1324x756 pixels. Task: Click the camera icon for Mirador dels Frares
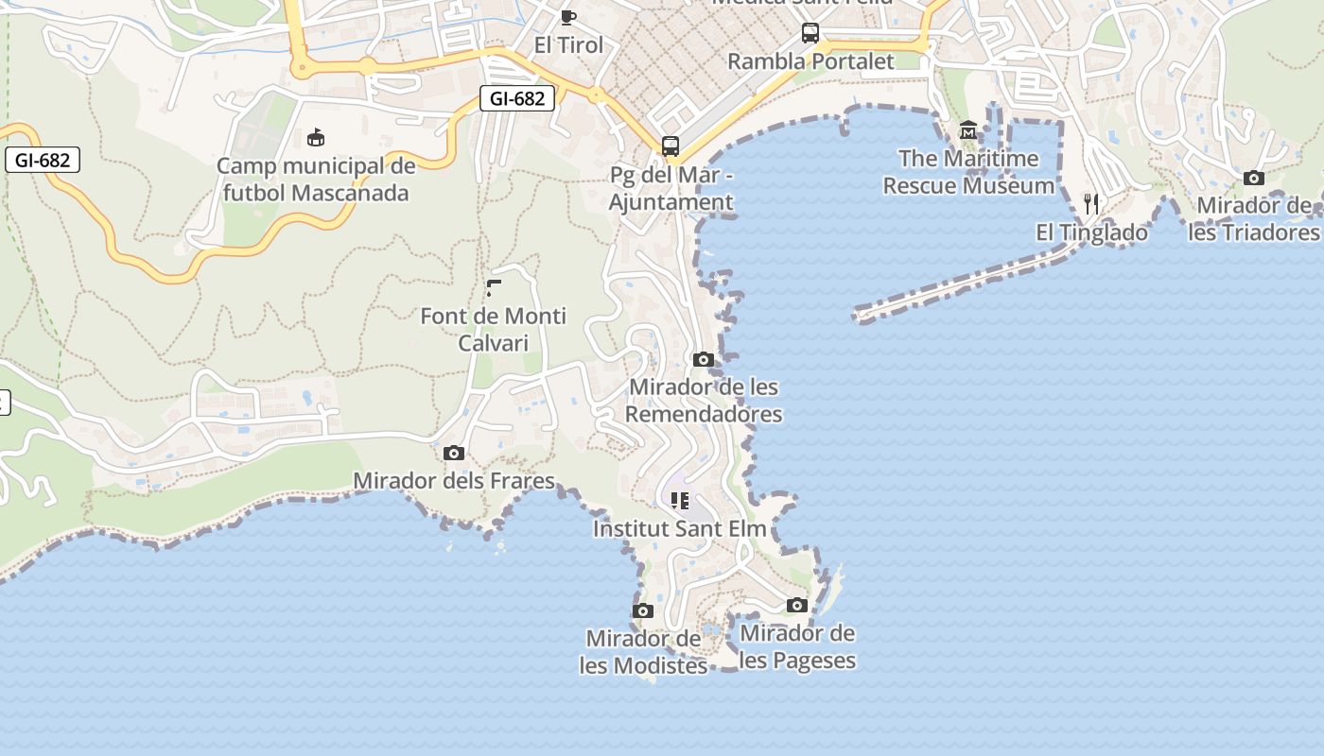[454, 453]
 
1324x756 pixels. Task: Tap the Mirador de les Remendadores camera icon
[703, 359]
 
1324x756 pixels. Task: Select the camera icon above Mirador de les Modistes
[643, 610]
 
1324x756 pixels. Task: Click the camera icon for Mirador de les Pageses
[797, 605]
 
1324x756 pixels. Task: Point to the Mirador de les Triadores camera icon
[1254, 178]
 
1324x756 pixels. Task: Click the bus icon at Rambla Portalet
[810, 33]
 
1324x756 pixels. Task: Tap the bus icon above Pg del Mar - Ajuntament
[671, 146]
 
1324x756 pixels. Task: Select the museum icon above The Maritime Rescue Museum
[967, 129]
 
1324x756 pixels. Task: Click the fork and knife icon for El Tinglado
[1091, 203]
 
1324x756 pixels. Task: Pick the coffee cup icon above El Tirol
[568, 17]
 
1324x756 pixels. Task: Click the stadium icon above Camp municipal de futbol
[316, 138]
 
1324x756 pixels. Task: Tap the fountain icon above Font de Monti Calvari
[494, 287]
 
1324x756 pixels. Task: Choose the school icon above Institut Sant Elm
[679, 500]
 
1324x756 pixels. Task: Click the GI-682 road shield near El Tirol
[516, 98]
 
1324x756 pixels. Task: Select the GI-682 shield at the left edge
[43, 160]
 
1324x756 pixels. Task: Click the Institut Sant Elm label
[679, 528]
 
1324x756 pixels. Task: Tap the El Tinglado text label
[1091, 232]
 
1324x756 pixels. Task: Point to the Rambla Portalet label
[810, 61]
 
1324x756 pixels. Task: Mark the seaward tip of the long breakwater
[858, 315]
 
